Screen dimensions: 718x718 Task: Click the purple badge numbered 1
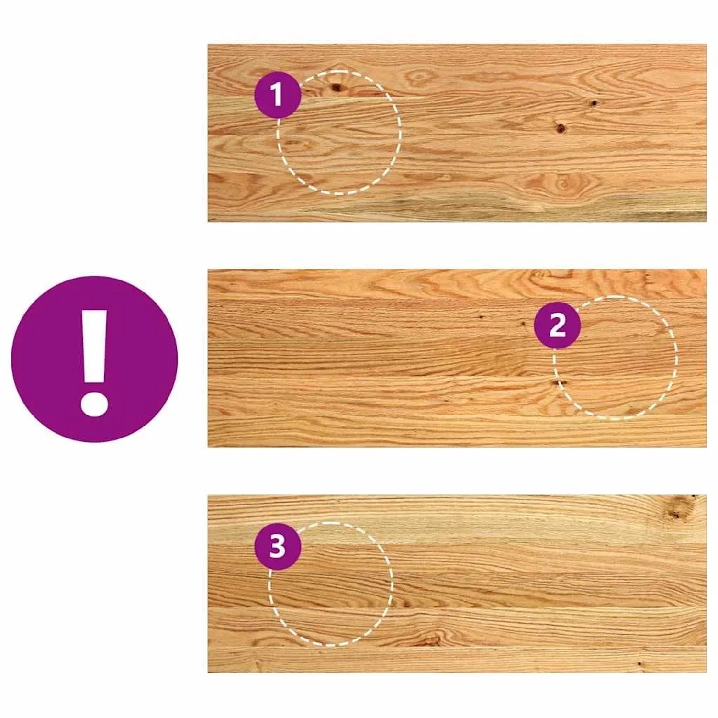coord(277,95)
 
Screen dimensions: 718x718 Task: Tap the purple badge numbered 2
coord(557,325)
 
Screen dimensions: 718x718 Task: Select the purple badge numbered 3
coord(278,546)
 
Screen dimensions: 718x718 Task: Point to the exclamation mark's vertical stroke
coord(94,347)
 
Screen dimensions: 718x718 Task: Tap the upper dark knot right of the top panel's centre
coord(593,103)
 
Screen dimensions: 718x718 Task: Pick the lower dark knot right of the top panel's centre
coord(561,128)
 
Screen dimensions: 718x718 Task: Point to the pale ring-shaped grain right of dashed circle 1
coord(419,76)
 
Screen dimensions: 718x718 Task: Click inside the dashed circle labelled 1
coord(339,133)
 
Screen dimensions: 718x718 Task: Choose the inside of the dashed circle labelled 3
coord(330,584)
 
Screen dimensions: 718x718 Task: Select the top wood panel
coord(457,133)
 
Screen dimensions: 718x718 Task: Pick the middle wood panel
coord(457,358)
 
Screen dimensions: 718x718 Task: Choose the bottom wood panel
coord(457,584)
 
